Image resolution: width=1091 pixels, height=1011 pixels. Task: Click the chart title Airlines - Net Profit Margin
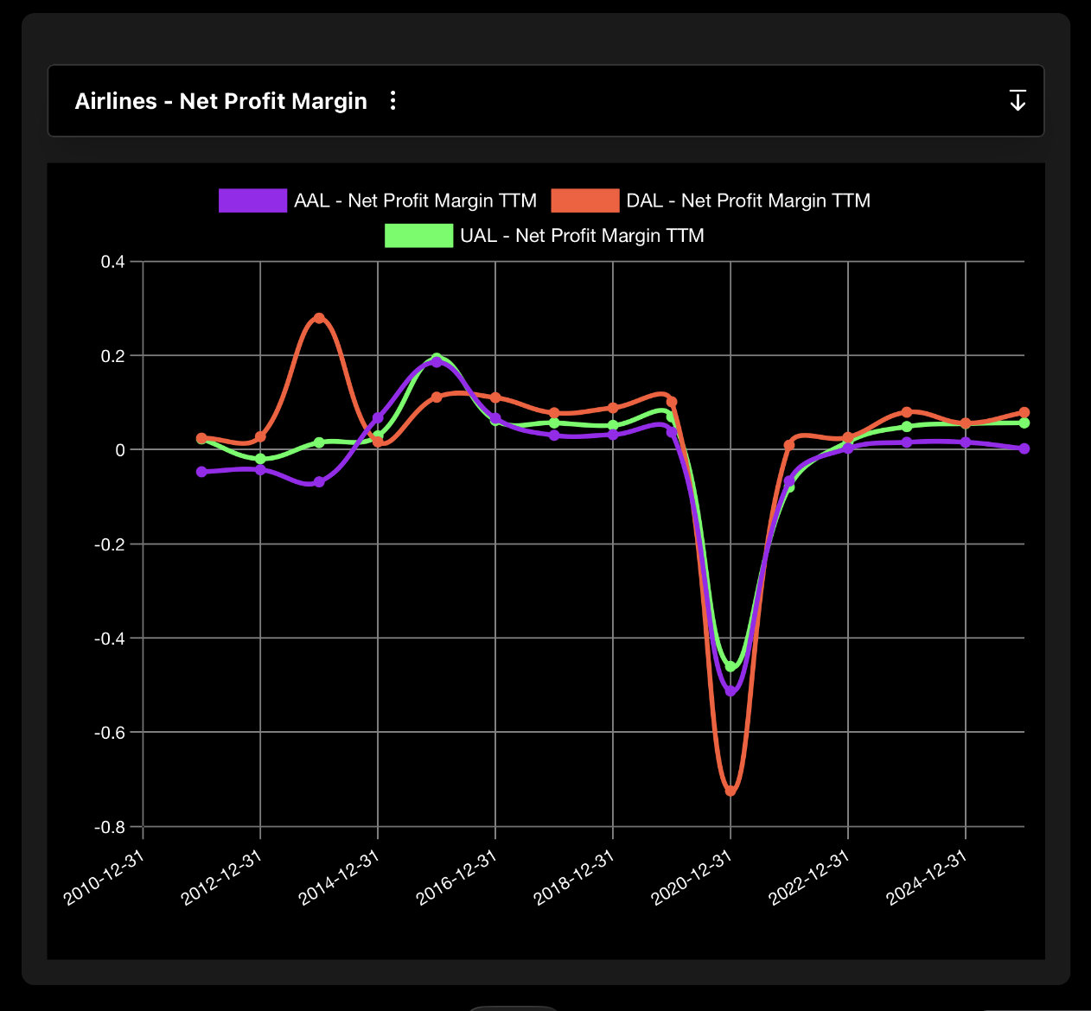pos(220,101)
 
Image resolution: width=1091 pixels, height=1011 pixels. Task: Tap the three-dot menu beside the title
pos(393,101)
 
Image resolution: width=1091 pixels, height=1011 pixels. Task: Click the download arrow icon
pos(1018,101)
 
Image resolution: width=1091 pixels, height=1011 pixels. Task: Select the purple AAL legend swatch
pos(252,200)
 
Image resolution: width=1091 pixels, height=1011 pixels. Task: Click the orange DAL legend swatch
pos(585,200)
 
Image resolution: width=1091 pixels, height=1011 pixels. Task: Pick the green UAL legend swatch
pos(418,236)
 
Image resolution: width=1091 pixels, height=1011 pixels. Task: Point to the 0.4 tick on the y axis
pos(113,262)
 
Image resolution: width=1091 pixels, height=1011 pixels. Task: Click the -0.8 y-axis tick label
pos(110,827)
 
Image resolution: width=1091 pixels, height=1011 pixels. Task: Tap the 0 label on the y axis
pos(119,450)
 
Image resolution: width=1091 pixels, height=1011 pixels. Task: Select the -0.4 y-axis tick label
pos(110,639)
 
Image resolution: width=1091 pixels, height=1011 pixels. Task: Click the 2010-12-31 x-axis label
pos(104,877)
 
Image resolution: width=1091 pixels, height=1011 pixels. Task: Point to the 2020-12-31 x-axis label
pos(692,877)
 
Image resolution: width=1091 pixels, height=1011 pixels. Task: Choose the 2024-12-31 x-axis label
pos(927,877)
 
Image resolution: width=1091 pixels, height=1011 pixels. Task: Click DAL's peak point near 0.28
pos(319,318)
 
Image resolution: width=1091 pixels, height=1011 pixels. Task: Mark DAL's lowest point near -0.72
pos(731,791)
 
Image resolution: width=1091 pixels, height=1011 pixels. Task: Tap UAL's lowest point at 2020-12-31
pos(731,666)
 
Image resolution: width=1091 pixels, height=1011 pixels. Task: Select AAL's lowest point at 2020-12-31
pos(731,691)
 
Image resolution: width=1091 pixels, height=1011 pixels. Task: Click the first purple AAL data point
pos(201,472)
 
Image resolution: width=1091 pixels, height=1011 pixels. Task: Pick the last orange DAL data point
pos(1024,412)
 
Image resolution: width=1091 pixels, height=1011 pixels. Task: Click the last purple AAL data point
pos(1024,448)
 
